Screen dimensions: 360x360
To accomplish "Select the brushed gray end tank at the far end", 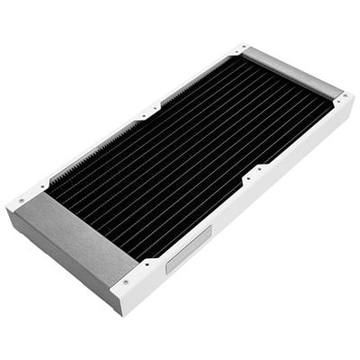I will click(x=292, y=71).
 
